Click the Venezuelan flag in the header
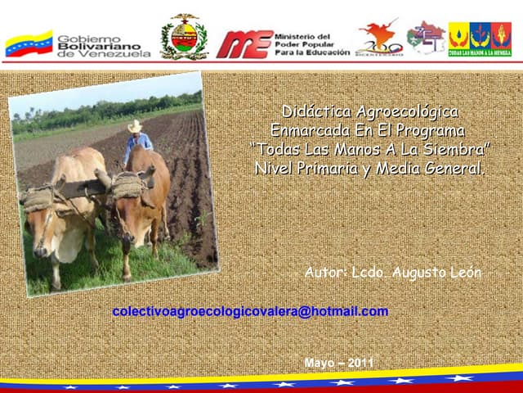(x=29, y=43)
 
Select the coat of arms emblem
(x=184, y=38)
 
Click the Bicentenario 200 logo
(x=379, y=38)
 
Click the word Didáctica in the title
(x=315, y=111)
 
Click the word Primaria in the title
(x=330, y=169)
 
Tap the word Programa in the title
(x=425, y=130)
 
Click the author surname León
(x=466, y=273)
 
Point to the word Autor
(x=325, y=273)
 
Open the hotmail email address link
(x=250, y=312)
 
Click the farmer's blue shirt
(x=139, y=143)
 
